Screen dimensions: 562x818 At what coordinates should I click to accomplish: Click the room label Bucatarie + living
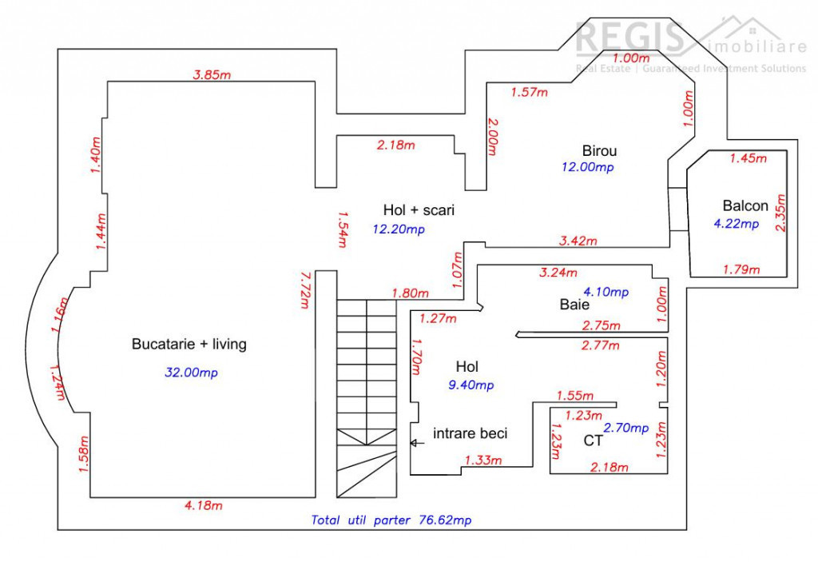pos(189,345)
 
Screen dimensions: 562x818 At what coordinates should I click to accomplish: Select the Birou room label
pos(599,150)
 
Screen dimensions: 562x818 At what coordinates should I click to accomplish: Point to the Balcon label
pos(745,205)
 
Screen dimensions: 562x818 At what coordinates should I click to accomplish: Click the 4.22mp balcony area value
pos(736,224)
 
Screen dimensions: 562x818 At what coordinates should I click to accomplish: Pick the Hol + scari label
pos(419,210)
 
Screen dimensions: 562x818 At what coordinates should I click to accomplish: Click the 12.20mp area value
pos(399,229)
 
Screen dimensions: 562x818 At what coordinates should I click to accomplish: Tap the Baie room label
pos(574,305)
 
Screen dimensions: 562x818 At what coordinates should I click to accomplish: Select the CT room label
pos(593,440)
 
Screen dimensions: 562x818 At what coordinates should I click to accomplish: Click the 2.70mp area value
pos(625,428)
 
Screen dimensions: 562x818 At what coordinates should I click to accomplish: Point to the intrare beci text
pos(470,433)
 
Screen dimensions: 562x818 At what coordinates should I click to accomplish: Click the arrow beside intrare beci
pos(416,441)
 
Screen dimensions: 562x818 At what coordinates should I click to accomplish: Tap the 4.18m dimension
pos(203,505)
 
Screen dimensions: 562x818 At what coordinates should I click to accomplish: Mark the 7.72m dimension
pos(304,292)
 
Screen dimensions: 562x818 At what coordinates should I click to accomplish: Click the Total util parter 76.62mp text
pos(391,520)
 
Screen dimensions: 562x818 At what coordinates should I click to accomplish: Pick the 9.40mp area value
pos(471,385)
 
